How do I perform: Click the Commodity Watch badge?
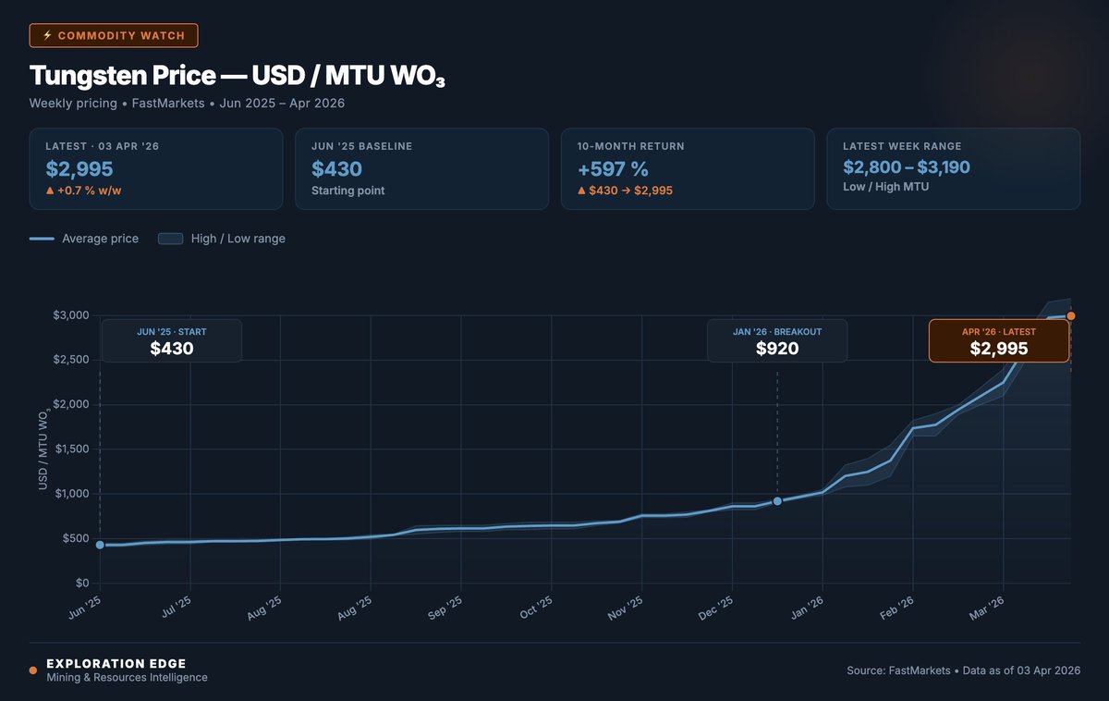tap(114, 36)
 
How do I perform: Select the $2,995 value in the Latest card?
tap(79, 168)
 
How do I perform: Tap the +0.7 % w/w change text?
tap(85, 191)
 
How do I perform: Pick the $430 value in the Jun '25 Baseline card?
tap(336, 168)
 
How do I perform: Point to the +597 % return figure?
tap(613, 168)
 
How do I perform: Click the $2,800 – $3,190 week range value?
tap(907, 167)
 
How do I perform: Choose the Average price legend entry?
tap(84, 239)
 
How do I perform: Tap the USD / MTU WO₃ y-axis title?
tap(43, 449)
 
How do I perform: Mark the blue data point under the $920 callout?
tap(777, 501)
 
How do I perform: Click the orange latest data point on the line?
tap(1070, 316)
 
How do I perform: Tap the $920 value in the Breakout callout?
tap(776, 349)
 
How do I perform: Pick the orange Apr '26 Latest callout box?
tap(998, 340)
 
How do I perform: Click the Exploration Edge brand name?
tap(116, 663)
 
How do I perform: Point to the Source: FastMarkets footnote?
tap(963, 670)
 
